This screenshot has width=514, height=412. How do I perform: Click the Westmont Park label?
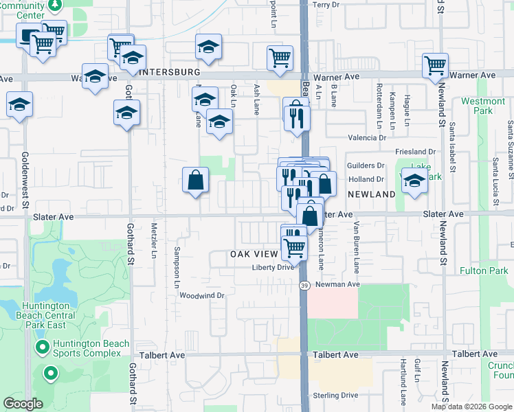click(483, 106)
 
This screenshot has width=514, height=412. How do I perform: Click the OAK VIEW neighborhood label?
click(254, 254)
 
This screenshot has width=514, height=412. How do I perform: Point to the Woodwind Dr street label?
click(202, 296)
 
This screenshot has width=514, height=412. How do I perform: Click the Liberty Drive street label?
click(273, 268)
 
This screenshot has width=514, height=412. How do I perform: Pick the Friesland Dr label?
click(416, 152)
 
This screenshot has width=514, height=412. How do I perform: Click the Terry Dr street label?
click(326, 5)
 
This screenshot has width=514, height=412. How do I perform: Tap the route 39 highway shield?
click(303, 283)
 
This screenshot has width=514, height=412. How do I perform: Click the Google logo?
click(23, 403)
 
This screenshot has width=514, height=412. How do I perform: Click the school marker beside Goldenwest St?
click(20, 105)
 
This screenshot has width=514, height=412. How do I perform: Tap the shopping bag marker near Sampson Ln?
click(196, 181)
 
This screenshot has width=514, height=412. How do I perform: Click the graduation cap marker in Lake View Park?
click(414, 181)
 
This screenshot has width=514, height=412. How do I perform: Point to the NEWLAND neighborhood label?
click(370, 194)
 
